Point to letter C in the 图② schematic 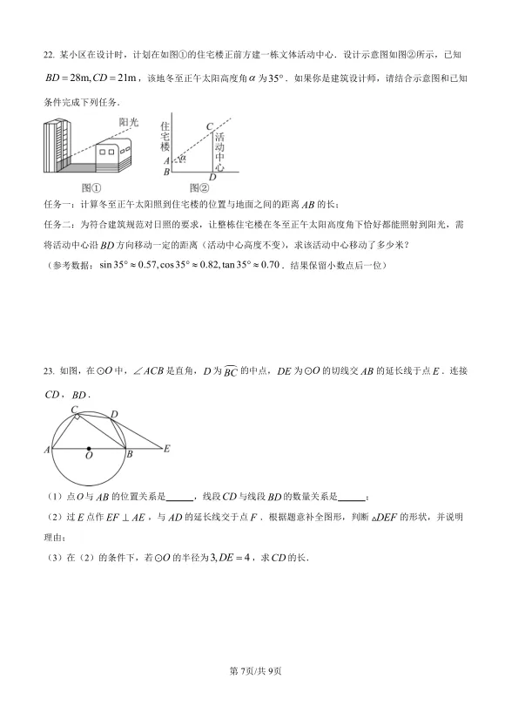click(209, 127)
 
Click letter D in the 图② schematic click(212, 178)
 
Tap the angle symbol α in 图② click(183, 158)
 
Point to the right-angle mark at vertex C click(79, 416)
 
